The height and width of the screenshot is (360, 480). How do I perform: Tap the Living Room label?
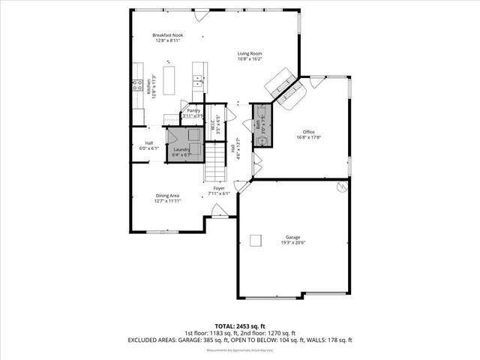point(250,54)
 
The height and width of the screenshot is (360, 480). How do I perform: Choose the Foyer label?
point(218,188)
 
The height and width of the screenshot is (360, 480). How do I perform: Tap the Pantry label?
point(193,110)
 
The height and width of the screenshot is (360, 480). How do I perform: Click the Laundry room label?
point(181,149)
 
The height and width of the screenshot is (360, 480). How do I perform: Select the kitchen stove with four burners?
point(139,85)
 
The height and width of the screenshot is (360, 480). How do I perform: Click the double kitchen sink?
point(197,77)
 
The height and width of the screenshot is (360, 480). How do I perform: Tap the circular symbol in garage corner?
point(342,187)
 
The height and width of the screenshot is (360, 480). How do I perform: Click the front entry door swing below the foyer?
point(218,213)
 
